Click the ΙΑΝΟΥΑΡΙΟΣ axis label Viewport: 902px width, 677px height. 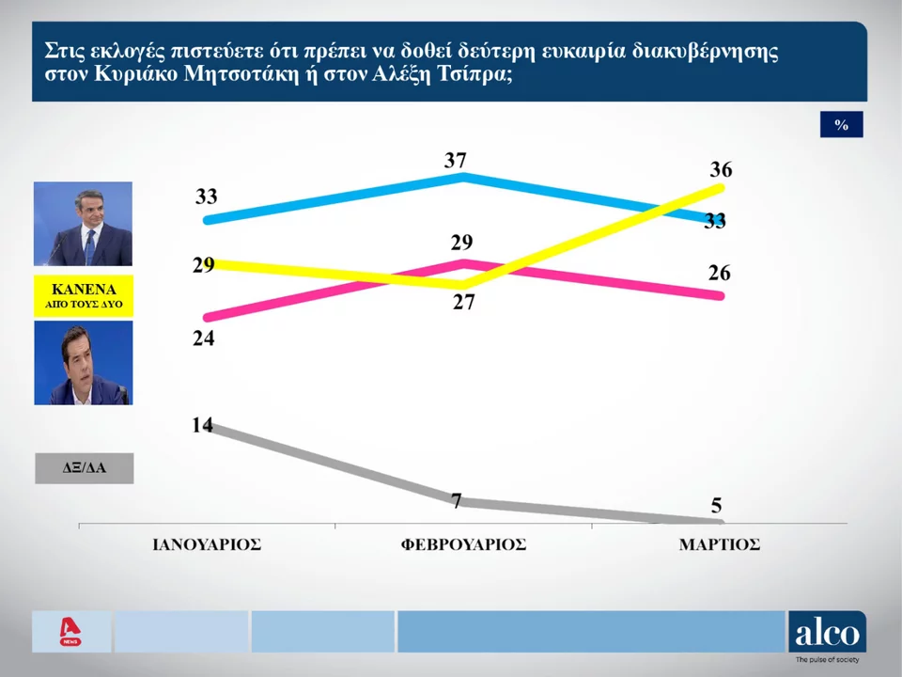pos(207,545)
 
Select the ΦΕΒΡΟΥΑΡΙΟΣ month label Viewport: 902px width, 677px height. pos(462,545)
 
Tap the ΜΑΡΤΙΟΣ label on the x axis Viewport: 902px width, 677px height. pos(719,545)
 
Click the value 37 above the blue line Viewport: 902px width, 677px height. pos(456,161)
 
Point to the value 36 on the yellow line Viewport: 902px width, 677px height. pos(721,171)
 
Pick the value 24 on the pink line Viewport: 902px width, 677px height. pos(204,338)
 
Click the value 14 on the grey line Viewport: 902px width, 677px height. pos(203,424)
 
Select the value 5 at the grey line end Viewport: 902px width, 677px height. pos(716,506)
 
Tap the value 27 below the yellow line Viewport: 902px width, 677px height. pos(462,303)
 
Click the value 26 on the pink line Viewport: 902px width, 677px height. pos(720,274)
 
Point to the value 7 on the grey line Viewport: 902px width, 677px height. pos(457,500)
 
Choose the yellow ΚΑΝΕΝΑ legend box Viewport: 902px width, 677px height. pos(84,295)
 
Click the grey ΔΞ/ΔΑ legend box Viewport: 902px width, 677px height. pos(84,467)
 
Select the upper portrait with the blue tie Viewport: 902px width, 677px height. pos(84,224)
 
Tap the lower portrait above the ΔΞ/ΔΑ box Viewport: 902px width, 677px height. pos(84,363)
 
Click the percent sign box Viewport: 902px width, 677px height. pos(841,124)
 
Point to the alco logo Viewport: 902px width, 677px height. pos(827,634)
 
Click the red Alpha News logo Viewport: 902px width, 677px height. pos(70,631)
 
